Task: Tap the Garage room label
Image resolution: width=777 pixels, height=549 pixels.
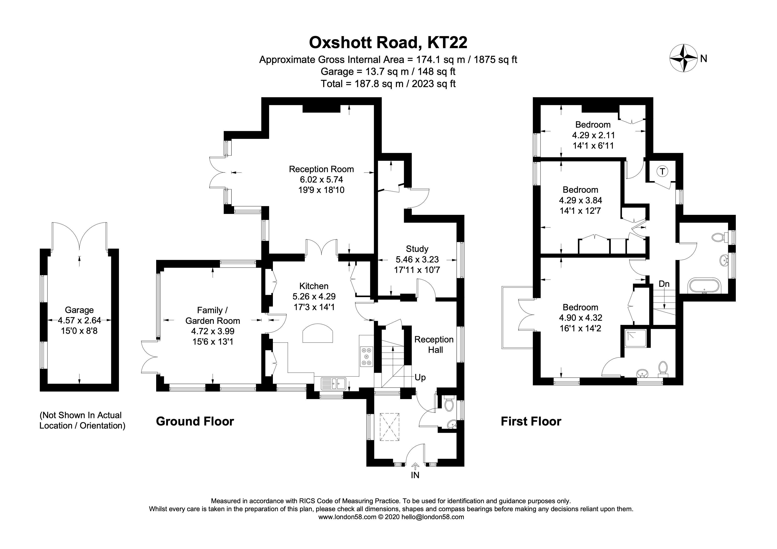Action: click(x=79, y=310)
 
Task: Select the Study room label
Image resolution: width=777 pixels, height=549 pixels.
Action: click(x=417, y=249)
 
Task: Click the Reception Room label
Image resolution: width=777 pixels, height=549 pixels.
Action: click(x=321, y=169)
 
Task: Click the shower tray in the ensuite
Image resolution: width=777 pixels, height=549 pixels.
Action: click(x=635, y=338)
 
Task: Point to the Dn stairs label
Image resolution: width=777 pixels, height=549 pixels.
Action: click(x=664, y=284)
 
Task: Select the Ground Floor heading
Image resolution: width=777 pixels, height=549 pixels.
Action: click(x=195, y=421)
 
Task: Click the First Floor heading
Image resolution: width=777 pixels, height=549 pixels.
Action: click(x=531, y=421)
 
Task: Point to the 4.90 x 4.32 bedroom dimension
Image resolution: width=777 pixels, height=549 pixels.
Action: click(x=580, y=318)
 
